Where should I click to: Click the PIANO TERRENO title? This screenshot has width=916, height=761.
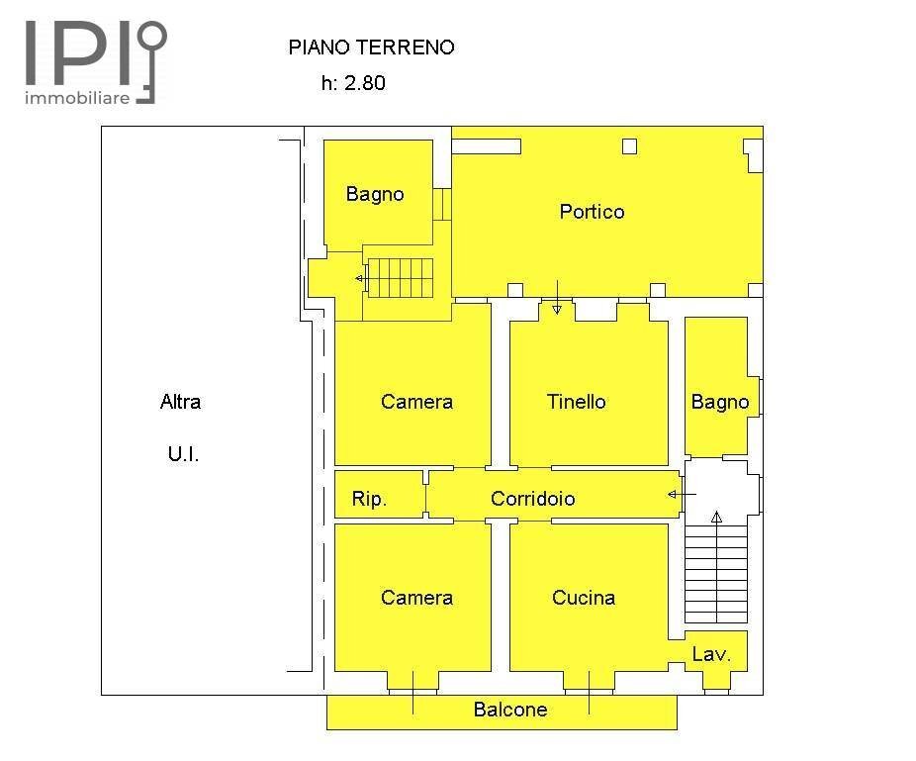click(371, 47)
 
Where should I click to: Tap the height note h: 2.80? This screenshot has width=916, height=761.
click(353, 83)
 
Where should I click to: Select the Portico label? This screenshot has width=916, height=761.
click(592, 211)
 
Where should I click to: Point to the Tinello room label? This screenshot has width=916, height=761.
click(576, 401)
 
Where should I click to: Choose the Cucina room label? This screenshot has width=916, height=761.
click(584, 597)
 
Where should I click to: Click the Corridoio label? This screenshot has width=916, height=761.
click(532, 499)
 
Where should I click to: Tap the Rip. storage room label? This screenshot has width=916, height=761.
click(369, 500)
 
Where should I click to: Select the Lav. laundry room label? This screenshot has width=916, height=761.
click(711, 654)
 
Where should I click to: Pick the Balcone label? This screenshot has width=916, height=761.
click(509, 710)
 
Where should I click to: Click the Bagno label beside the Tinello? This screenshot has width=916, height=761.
click(720, 402)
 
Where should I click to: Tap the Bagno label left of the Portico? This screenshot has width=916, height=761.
click(375, 194)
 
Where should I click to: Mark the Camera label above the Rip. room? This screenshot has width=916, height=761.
click(416, 401)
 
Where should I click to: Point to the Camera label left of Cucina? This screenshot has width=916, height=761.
click(416, 597)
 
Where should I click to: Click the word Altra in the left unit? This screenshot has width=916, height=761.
click(180, 401)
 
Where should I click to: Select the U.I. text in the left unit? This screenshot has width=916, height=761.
click(183, 455)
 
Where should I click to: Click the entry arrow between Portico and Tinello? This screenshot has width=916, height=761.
click(557, 298)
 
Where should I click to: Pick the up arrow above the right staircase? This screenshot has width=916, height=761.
click(716, 516)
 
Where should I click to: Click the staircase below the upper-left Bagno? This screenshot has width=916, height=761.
click(401, 277)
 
